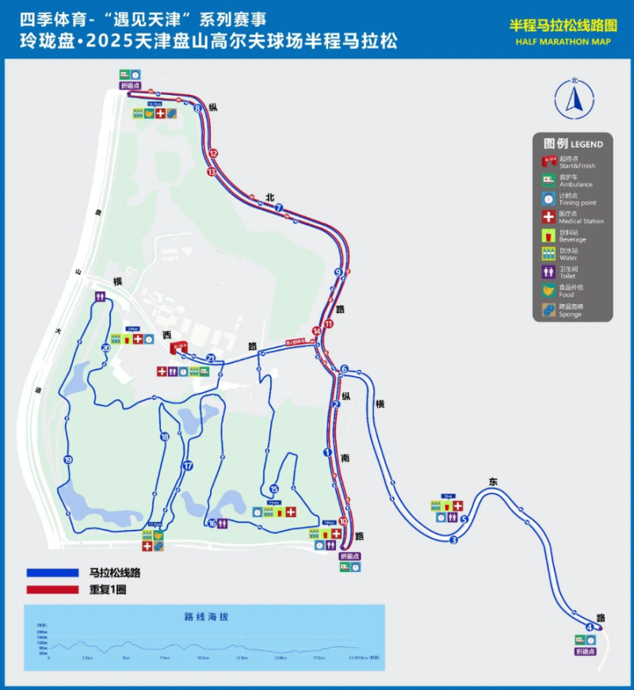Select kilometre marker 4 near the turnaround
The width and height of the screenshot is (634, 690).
pos(589,627)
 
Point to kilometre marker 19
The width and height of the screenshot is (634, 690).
pos(68,460)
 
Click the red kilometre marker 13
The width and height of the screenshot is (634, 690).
pos(212,172)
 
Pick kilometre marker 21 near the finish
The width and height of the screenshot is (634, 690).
pos(211,358)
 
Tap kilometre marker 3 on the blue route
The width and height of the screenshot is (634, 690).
pos(454,540)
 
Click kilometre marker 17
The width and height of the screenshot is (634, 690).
pos(188,466)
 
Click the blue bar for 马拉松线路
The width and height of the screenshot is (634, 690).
pos(52,573)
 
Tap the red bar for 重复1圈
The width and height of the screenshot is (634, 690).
pos(52,589)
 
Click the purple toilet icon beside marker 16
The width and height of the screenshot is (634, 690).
pos(225,523)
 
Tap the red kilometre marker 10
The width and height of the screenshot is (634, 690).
pos(343,521)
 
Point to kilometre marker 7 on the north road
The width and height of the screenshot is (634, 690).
pos(279,208)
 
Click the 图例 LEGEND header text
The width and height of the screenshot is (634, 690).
pos(573,144)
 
